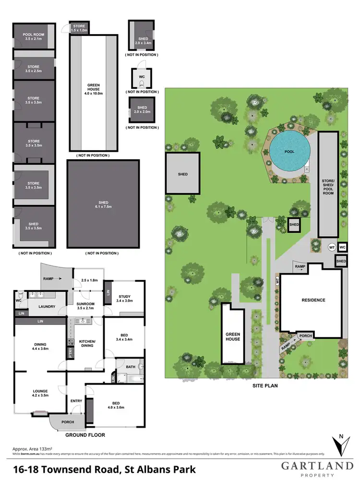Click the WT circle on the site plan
(331, 247)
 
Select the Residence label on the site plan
(313, 300)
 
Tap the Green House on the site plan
(233, 336)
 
